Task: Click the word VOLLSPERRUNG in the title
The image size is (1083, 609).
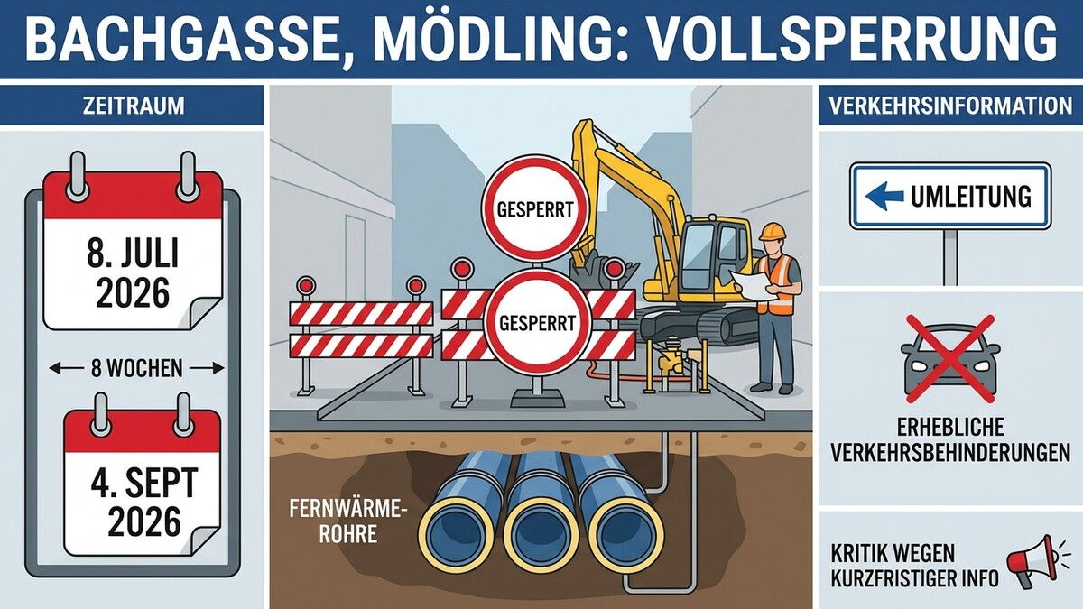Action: point(851,39)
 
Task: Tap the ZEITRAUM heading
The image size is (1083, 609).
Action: point(134,106)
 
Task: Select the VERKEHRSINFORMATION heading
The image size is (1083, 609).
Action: point(950,106)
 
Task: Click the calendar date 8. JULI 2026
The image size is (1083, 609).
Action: point(133,272)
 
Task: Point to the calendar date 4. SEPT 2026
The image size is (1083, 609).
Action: point(144,503)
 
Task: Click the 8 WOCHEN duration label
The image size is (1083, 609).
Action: point(137,369)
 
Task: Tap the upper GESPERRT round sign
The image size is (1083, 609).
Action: point(535,208)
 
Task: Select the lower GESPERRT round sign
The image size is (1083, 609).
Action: point(537,322)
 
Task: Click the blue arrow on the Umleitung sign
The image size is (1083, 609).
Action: point(884,197)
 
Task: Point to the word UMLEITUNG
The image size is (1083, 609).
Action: point(971,197)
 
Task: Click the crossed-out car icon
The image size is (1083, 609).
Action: point(950,359)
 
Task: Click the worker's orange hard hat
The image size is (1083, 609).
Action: point(773,231)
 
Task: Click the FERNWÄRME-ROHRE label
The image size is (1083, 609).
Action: point(347,521)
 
